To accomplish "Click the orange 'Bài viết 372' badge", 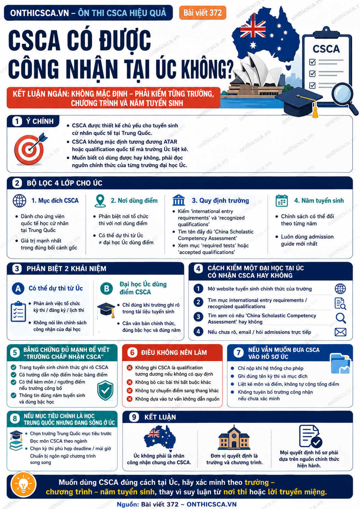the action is (203, 13).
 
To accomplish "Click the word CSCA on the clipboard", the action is (326, 49).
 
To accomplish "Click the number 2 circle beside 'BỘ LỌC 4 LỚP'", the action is (17, 183).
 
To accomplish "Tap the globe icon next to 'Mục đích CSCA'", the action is (19, 201).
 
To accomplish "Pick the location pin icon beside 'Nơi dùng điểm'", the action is (100, 201).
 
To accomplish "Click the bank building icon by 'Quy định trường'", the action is (178, 200).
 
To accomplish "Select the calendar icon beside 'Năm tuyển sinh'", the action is (282, 201).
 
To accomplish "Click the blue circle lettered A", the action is (18, 288).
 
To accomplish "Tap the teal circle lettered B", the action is (106, 288).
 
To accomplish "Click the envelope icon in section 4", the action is (341, 332).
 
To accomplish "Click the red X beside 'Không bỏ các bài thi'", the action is (130, 382).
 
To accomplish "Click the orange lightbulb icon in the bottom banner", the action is (24, 486).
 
